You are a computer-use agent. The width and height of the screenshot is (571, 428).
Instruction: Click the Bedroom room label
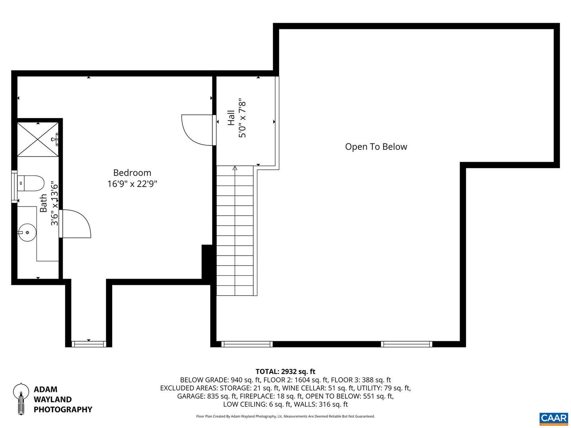tap(132, 173)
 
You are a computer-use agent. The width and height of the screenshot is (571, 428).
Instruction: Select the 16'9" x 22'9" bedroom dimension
tap(132, 184)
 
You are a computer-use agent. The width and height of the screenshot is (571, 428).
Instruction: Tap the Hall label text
tap(231, 118)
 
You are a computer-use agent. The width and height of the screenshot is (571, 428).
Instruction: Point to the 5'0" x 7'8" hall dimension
tap(242, 119)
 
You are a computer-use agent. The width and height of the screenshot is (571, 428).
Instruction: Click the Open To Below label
tap(376, 147)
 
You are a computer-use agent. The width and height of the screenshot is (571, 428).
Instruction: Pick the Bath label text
tap(43, 203)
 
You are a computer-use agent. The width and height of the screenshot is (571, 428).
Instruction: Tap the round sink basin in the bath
tap(27, 232)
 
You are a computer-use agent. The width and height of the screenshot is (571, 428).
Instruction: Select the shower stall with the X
tap(37, 139)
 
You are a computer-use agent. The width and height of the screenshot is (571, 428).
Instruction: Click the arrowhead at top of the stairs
tap(235, 168)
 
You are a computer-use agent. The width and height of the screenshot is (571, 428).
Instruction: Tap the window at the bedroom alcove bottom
tap(88, 344)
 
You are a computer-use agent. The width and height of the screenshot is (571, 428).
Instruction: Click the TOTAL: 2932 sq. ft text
tap(285, 371)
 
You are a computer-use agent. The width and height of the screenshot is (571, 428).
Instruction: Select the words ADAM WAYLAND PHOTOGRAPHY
tap(63, 399)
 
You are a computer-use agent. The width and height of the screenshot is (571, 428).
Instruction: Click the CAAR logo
tap(554, 418)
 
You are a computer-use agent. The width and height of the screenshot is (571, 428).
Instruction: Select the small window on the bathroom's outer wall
tap(14, 187)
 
